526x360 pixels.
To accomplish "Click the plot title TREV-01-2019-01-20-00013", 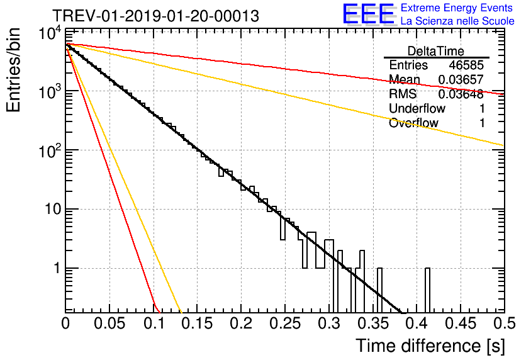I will point(155,16).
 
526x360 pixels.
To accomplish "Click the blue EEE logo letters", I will point(368,14).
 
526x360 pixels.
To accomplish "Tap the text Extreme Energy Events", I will point(457,8).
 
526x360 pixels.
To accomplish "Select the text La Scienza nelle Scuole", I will point(457,21).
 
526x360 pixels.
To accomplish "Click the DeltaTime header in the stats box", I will point(436,51).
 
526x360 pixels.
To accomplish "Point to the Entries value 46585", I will point(467,65).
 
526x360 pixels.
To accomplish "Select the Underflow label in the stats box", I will point(417,109).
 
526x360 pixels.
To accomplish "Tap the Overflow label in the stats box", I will point(413,123).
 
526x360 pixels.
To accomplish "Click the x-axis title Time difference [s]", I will point(430,346).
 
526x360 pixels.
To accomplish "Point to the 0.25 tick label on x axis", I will point(284,324).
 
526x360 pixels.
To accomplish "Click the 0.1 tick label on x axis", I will point(153,324).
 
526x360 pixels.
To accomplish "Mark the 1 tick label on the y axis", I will point(55,269).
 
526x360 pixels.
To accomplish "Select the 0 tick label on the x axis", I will point(65,324).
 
